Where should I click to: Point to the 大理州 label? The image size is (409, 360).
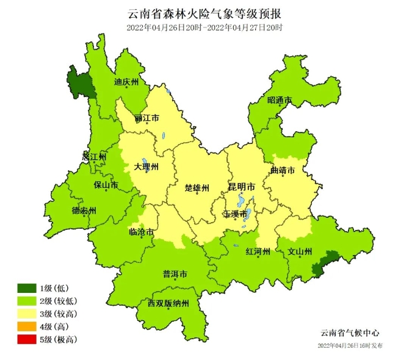[x=147, y=167]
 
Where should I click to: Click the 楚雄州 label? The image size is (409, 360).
[x=197, y=187]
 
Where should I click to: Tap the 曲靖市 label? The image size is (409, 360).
[x=283, y=170]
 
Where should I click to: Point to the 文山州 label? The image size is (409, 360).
[x=300, y=251]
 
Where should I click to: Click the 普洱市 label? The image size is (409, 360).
[x=175, y=273]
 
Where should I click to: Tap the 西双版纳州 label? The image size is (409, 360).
[x=168, y=303]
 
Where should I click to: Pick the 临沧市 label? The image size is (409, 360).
[x=141, y=232]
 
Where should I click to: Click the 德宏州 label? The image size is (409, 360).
[x=84, y=211]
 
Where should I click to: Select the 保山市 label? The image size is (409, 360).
[x=106, y=184]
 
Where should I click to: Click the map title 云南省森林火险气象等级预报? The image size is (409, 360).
[x=204, y=13]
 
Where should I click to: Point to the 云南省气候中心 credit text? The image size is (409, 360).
[x=350, y=333]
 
